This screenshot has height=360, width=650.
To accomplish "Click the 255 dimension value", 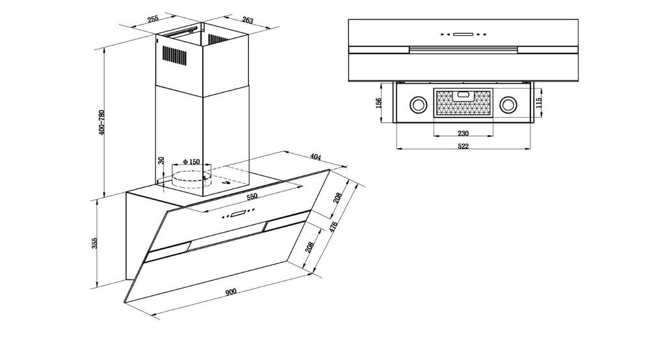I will point(153,18).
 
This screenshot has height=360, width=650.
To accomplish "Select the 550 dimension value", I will point(252,196).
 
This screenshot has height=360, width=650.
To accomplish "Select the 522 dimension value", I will point(463,146).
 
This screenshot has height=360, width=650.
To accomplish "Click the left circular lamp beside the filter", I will point(417,105).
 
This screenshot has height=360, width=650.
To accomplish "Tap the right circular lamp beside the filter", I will point(508,105).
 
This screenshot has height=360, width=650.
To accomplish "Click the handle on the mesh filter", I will point(463,95).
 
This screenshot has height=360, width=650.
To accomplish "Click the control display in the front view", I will point(463,34).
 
